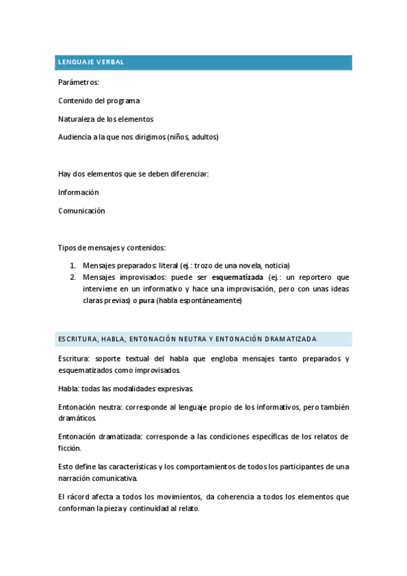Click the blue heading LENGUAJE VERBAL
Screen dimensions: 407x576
click(x=90, y=62)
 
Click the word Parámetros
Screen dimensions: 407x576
click(x=79, y=82)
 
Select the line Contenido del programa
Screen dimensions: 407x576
click(x=99, y=101)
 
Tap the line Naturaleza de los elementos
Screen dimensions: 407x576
click(x=106, y=119)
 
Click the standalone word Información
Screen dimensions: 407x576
click(x=79, y=192)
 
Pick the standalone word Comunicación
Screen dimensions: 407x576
click(x=82, y=211)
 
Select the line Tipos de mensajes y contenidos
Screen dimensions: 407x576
click(x=112, y=247)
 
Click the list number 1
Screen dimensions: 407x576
click(x=73, y=266)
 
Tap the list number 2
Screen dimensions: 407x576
click(x=73, y=277)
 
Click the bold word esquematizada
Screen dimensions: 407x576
click(x=237, y=277)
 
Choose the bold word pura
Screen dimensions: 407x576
click(x=146, y=300)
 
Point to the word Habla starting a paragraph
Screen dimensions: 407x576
click(x=68, y=389)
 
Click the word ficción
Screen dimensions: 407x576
click(x=70, y=448)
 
